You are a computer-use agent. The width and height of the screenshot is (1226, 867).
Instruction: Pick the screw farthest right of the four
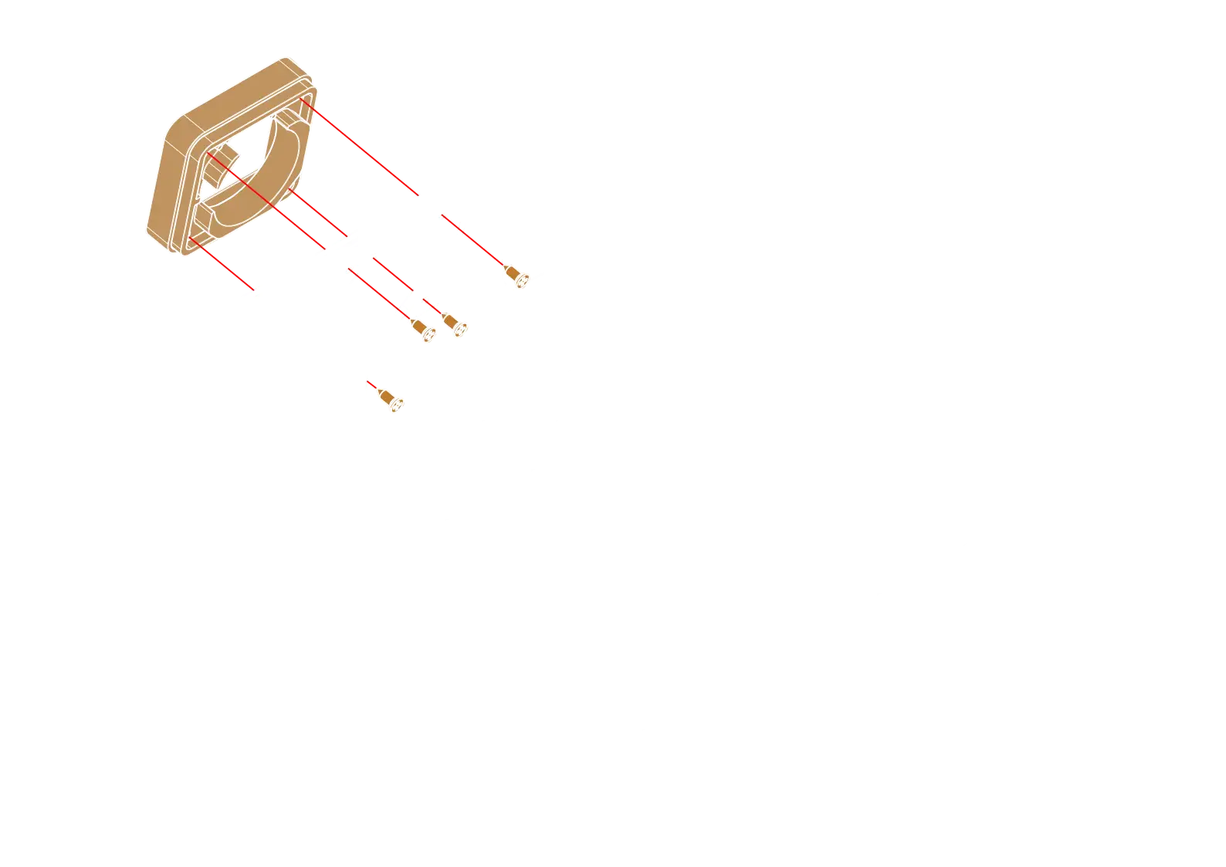click(516, 276)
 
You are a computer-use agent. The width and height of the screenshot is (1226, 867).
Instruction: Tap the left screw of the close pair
click(424, 331)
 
